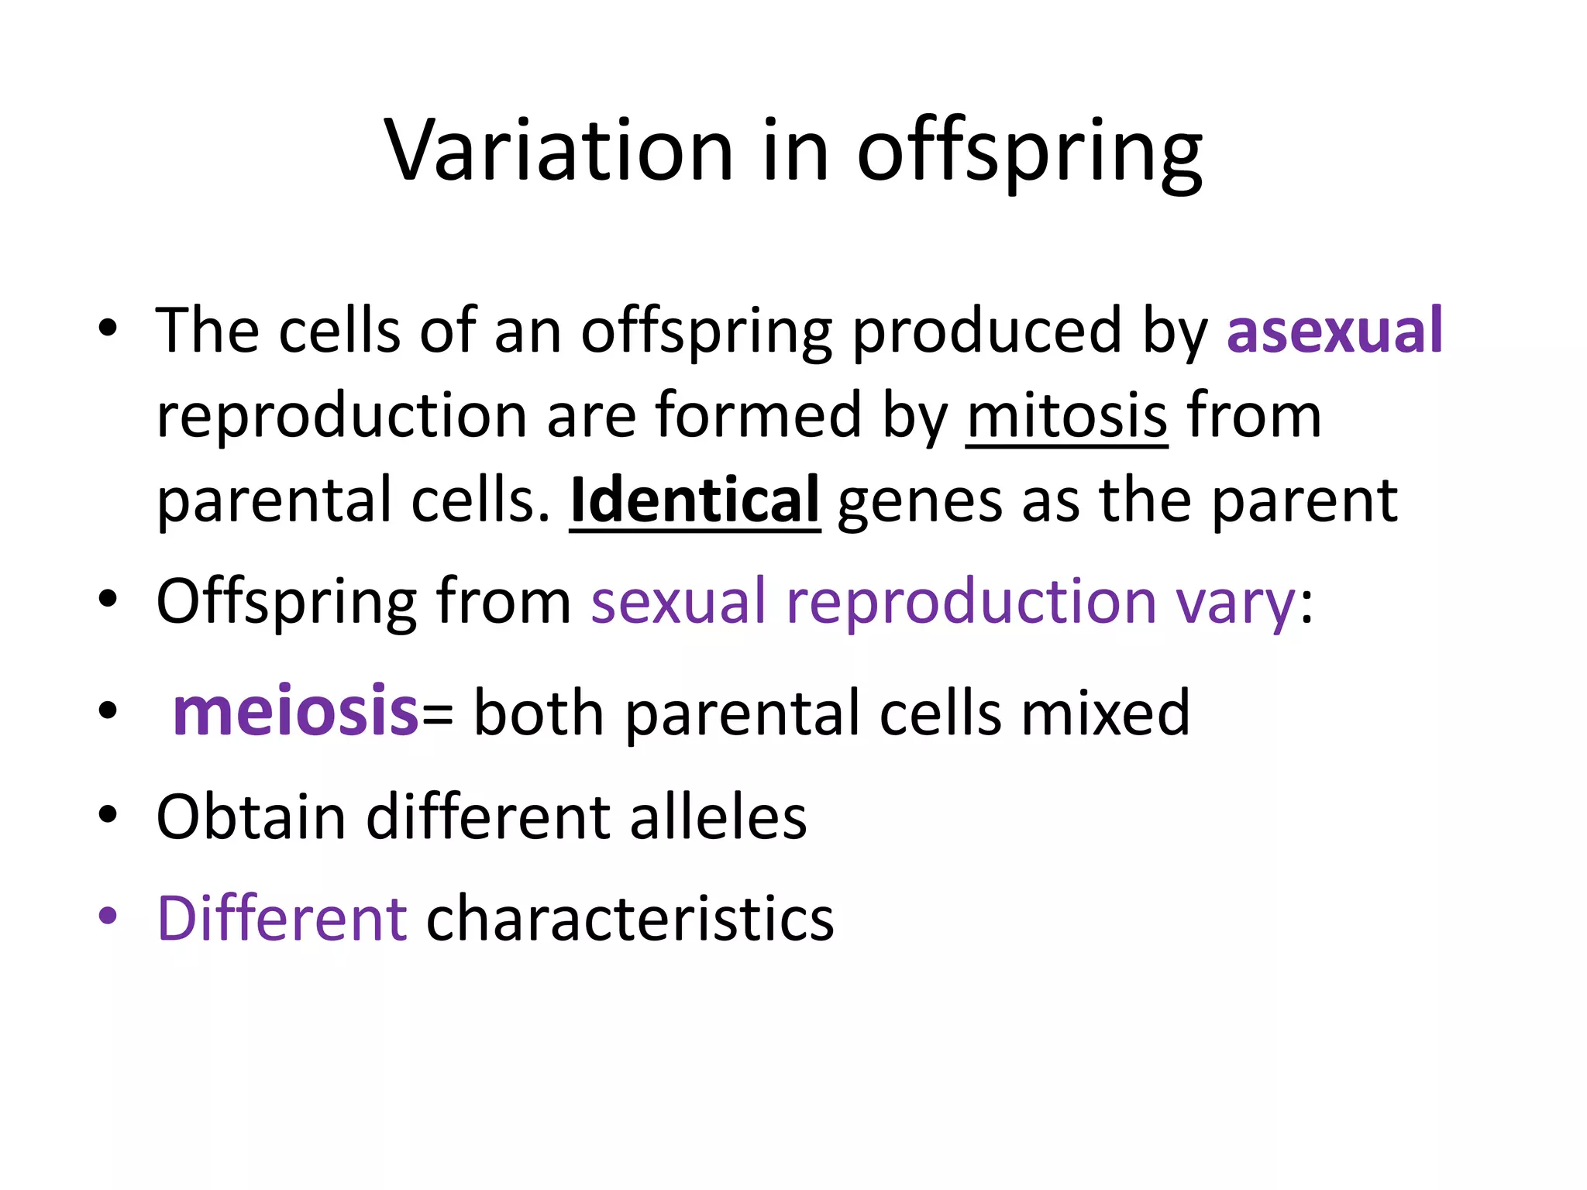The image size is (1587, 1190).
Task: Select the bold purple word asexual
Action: coord(1334,330)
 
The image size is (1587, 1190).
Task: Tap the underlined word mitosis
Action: coord(1066,415)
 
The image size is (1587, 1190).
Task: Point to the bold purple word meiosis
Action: coord(295,711)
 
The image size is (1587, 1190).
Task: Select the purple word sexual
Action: coord(678,601)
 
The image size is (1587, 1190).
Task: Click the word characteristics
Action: coord(630,918)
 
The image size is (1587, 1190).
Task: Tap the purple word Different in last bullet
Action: coord(281,918)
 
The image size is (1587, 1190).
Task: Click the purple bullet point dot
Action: coord(108,915)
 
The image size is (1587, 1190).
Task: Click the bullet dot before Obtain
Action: coord(108,814)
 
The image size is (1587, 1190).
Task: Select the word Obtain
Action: coord(250,817)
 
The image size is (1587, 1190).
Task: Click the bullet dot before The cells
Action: coord(108,327)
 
